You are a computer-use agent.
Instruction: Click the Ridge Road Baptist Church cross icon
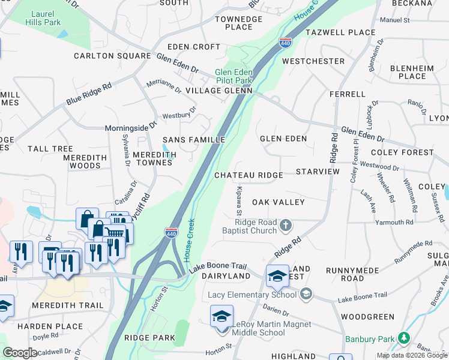(286, 226)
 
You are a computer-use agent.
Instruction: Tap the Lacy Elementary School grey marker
(307, 294)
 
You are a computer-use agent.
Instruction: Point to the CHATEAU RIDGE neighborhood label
(249, 175)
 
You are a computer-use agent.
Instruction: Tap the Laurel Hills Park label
(43, 18)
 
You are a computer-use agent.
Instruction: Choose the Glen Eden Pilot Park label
(234, 76)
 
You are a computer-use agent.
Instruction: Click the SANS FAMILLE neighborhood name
(194, 140)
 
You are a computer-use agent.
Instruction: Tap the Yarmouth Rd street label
(393, 222)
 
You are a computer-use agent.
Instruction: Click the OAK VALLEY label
(278, 202)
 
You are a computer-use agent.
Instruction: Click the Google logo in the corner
(20, 353)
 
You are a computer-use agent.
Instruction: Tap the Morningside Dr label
(130, 127)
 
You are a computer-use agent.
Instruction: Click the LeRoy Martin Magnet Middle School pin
(221, 316)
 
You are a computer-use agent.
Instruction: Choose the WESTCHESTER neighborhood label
(313, 61)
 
